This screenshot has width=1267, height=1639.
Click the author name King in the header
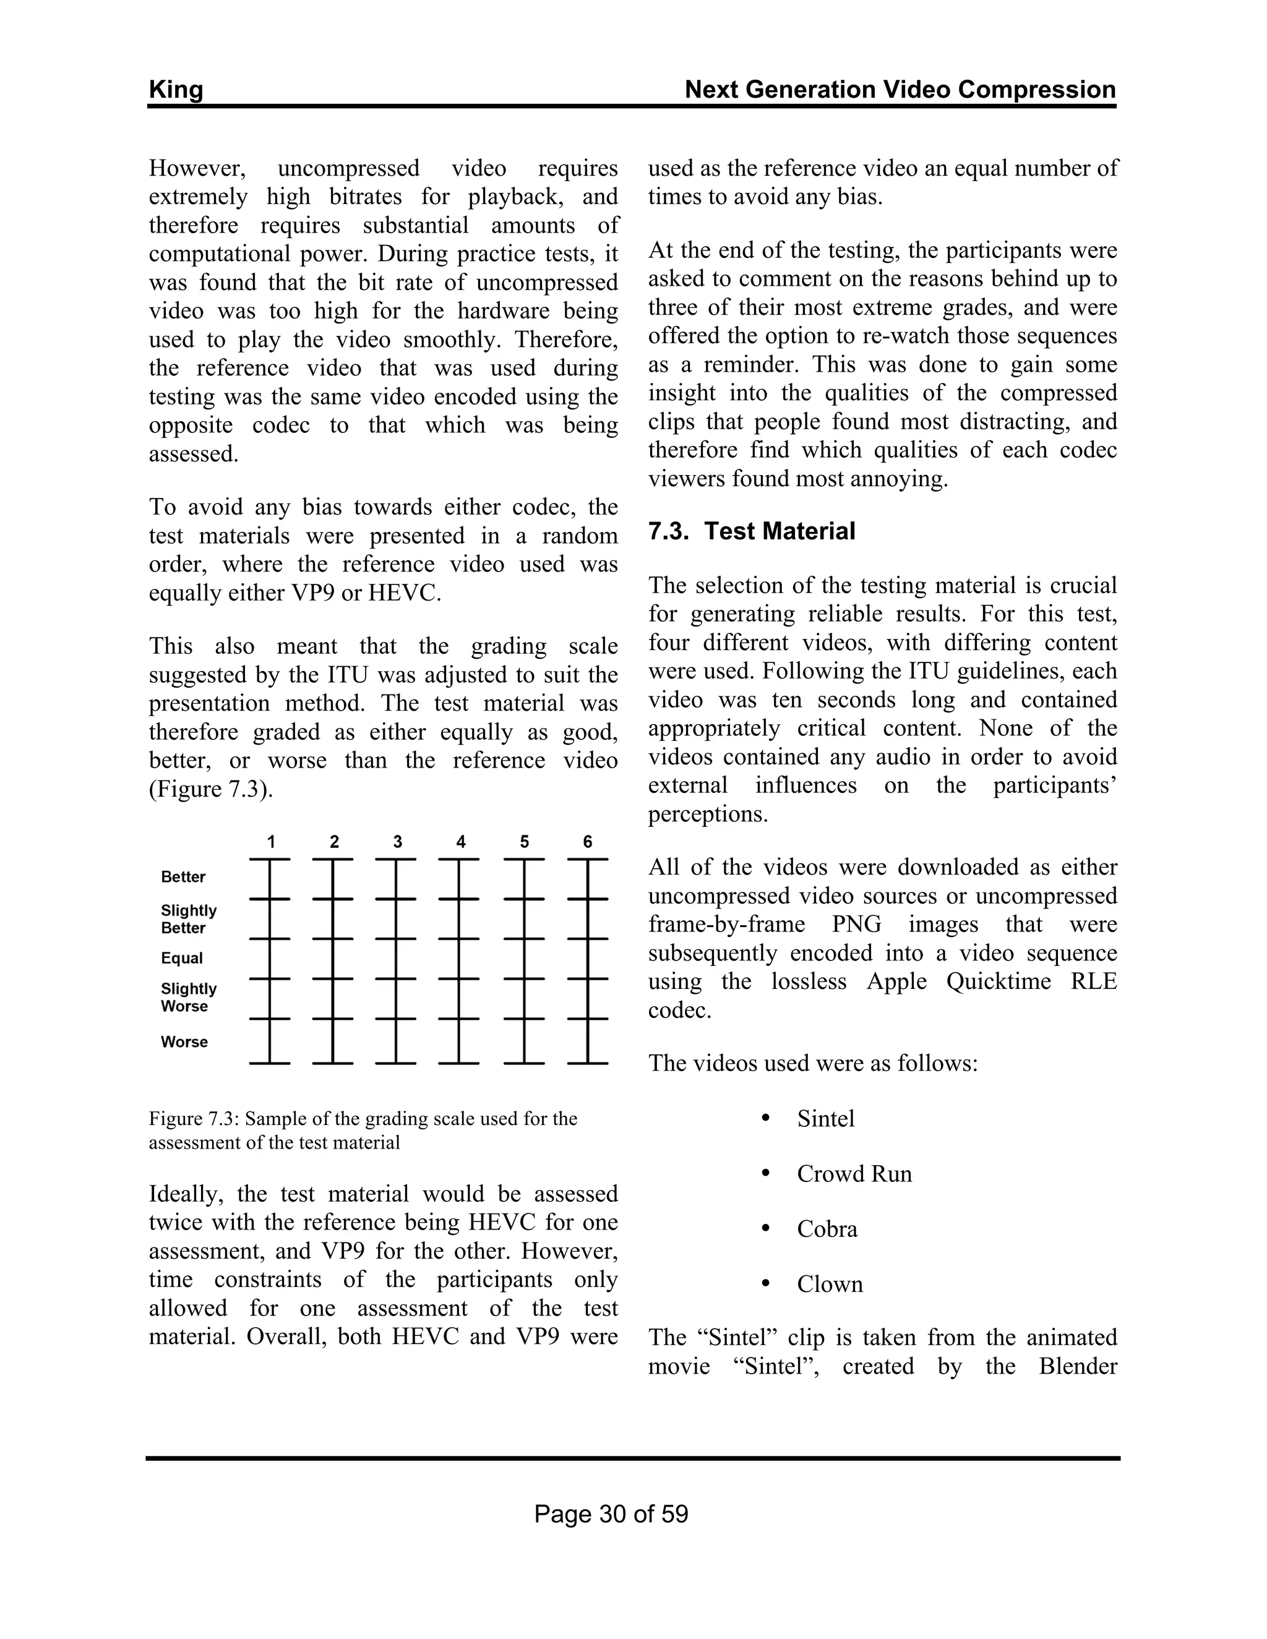tap(176, 90)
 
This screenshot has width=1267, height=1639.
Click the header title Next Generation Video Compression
tap(900, 90)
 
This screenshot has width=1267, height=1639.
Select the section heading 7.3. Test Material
tap(751, 531)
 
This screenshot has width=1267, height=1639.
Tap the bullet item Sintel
tap(826, 1119)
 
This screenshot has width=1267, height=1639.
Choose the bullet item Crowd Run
tap(854, 1174)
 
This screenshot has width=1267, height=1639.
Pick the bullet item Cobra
tap(827, 1230)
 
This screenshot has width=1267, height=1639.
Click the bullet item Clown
tap(830, 1284)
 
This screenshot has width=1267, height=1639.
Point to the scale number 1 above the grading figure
tap(271, 842)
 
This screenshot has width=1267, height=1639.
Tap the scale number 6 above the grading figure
tap(588, 842)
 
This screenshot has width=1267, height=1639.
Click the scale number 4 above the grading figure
tap(461, 842)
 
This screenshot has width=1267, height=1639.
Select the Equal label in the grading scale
tap(182, 958)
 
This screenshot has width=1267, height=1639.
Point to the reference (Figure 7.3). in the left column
tap(211, 789)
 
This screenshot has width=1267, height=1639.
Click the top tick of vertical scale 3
tap(395, 858)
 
